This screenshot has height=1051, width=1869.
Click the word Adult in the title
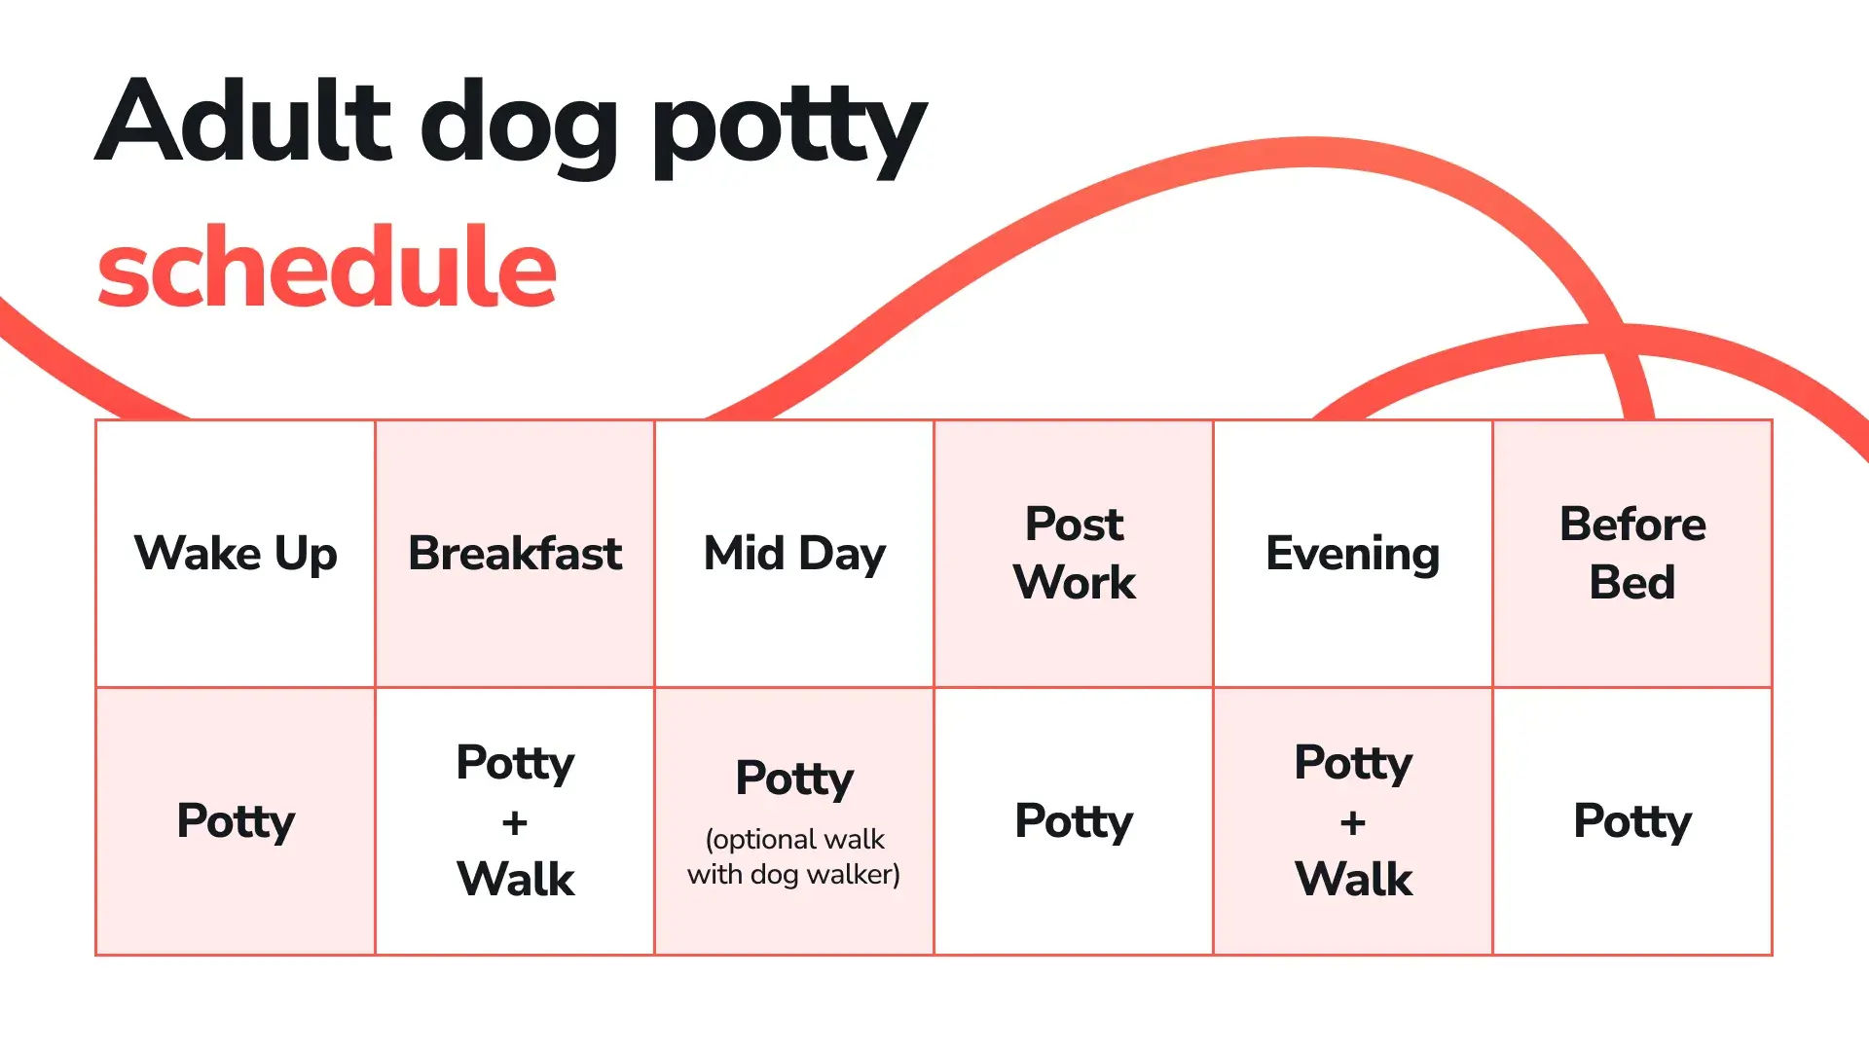(243, 121)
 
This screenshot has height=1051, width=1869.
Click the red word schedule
(327, 266)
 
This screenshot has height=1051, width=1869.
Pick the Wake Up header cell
(236, 554)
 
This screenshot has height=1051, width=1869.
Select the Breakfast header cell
(515, 554)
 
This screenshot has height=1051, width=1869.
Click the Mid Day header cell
(794, 554)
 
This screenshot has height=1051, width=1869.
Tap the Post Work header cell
(1074, 554)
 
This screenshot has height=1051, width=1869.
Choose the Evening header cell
(1353, 554)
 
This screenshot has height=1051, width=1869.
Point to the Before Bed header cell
(1632, 554)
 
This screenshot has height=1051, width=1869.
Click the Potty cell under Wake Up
(236, 821)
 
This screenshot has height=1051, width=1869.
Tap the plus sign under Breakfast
(515, 823)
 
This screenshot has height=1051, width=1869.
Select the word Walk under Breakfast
(516, 879)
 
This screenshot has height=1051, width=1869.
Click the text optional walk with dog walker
(794, 856)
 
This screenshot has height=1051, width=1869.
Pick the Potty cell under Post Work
(1074, 821)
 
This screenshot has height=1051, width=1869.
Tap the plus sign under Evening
(1353, 823)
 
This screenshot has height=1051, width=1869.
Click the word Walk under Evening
(1354, 879)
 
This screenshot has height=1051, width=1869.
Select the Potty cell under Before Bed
(1632, 821)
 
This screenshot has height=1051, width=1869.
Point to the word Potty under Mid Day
(794, 779)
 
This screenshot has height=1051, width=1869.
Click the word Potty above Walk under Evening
(1353, 764)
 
